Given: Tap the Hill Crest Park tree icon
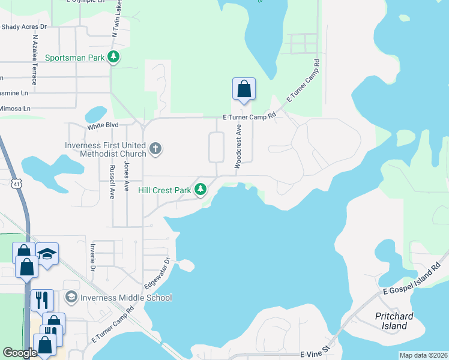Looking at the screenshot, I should (200, 190).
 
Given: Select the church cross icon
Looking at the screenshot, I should (155, 148).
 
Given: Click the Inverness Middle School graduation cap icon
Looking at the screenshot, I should (71, 298).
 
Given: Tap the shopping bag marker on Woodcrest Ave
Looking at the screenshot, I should (244, 89).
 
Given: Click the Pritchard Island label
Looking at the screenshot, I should (391, 321).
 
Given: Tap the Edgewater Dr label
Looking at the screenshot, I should (158, 271).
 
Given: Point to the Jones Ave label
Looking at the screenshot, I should (126, 176).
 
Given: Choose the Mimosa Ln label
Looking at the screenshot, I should (15, 109).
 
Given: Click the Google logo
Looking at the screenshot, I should (20, 353).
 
